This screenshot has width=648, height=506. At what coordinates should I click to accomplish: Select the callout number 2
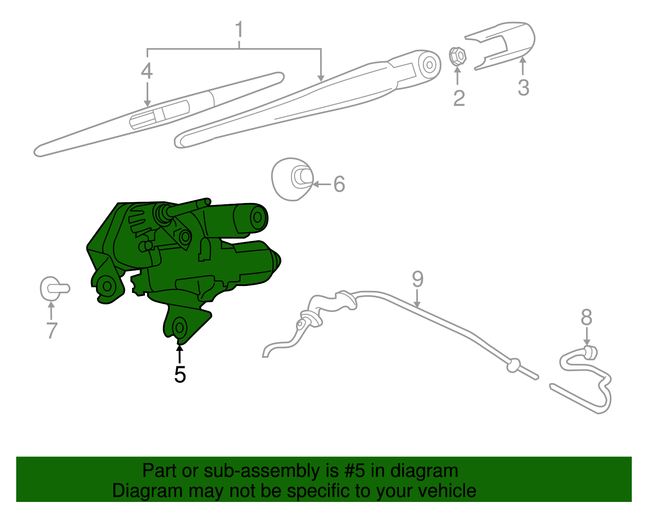click(x=458, y=98)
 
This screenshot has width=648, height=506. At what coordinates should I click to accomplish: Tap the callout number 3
click(x=523, y=88)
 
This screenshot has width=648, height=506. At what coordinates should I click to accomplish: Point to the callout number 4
click(x=147, y=71)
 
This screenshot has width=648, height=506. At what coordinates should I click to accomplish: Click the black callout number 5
click(x=180, y=374)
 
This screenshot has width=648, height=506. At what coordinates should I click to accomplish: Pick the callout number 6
click(x=339, y=184)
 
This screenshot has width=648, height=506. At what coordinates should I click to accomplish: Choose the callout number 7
click(x=51, y=330)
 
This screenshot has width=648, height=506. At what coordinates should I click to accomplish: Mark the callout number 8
click(x=586, y=317)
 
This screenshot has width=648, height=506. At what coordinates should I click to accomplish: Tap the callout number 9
click(x=418, y=279)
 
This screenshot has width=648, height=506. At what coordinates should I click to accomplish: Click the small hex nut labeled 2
click(x=458, y=56)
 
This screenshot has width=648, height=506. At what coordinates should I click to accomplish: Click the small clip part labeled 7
click(x=53, y=288)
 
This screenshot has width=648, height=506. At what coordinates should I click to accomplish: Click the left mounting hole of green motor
click(x=107, y=286)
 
